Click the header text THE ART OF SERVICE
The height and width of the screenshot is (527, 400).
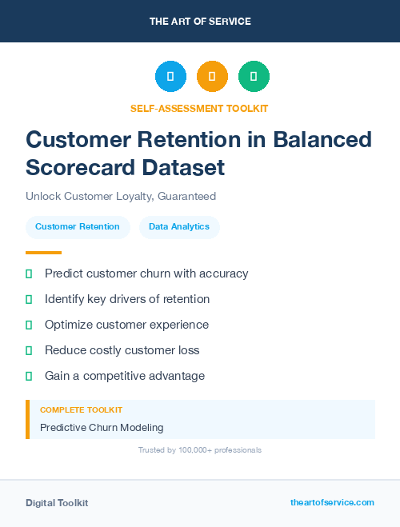pos(200,22)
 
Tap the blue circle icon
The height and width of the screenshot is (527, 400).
pos(170,77)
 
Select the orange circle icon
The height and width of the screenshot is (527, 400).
pos(212,77)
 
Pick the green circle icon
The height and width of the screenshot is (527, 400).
pos(254,77)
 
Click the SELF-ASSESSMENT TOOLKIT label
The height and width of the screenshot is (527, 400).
pos(200,108)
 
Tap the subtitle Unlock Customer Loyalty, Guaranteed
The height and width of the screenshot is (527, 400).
pos(121,196)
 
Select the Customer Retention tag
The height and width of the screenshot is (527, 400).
pos(78,227)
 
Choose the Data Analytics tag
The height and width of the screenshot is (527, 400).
pos(179,227)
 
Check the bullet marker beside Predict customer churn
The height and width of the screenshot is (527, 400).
pos(29,274)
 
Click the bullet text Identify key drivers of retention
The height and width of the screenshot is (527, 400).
pos(127,299)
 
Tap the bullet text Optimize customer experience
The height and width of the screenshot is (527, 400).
pos(126,325)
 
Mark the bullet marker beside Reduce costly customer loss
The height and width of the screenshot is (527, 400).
pos(29,350)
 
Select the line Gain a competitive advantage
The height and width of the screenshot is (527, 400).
pos(125,376)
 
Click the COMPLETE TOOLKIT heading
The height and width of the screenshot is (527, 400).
pos(81,409)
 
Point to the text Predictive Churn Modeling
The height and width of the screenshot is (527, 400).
pos(102,427)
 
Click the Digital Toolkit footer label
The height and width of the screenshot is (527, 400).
pos(57,503)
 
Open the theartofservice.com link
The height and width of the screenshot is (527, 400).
pos(332,502)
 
